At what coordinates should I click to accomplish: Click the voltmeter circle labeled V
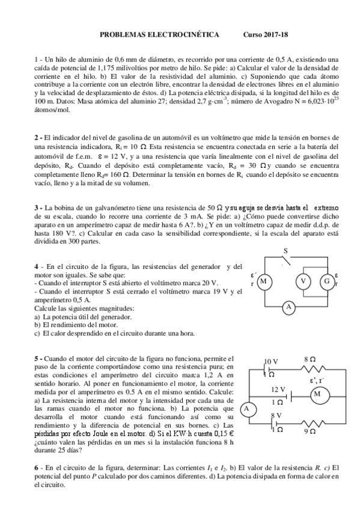[x=304, y=281]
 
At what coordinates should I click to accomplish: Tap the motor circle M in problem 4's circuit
[x=263, y=281]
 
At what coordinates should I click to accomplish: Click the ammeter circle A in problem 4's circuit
[x=288, y=307]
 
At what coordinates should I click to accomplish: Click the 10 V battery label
[x=272, y=361]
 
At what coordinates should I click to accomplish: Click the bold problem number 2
[x=36, y=138]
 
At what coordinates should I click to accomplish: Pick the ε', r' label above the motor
[x=317, y=379]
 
